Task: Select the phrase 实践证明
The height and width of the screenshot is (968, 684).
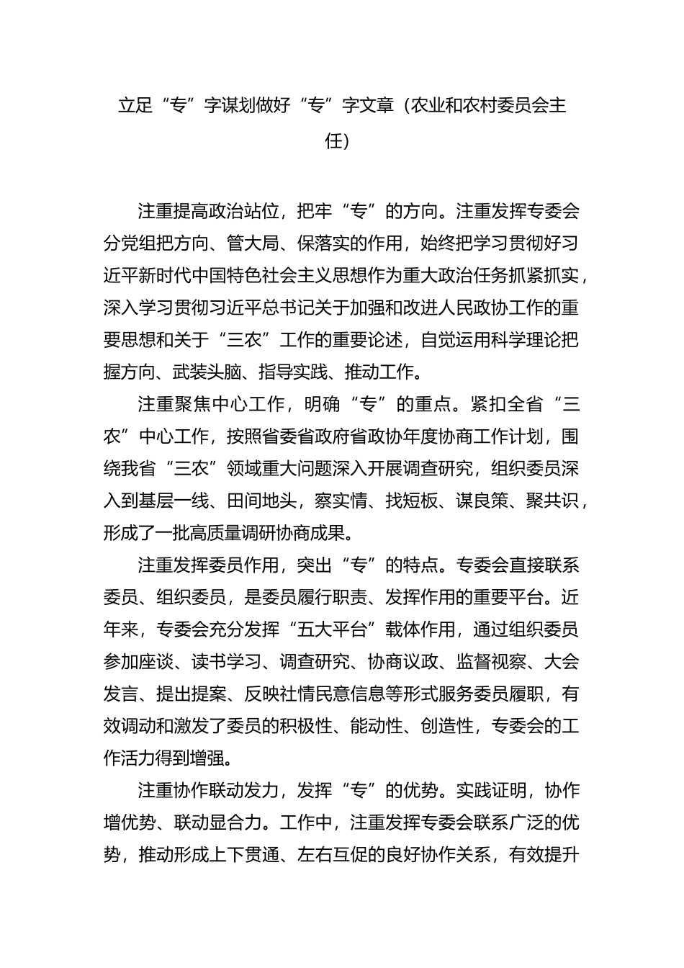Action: pos(490,790)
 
